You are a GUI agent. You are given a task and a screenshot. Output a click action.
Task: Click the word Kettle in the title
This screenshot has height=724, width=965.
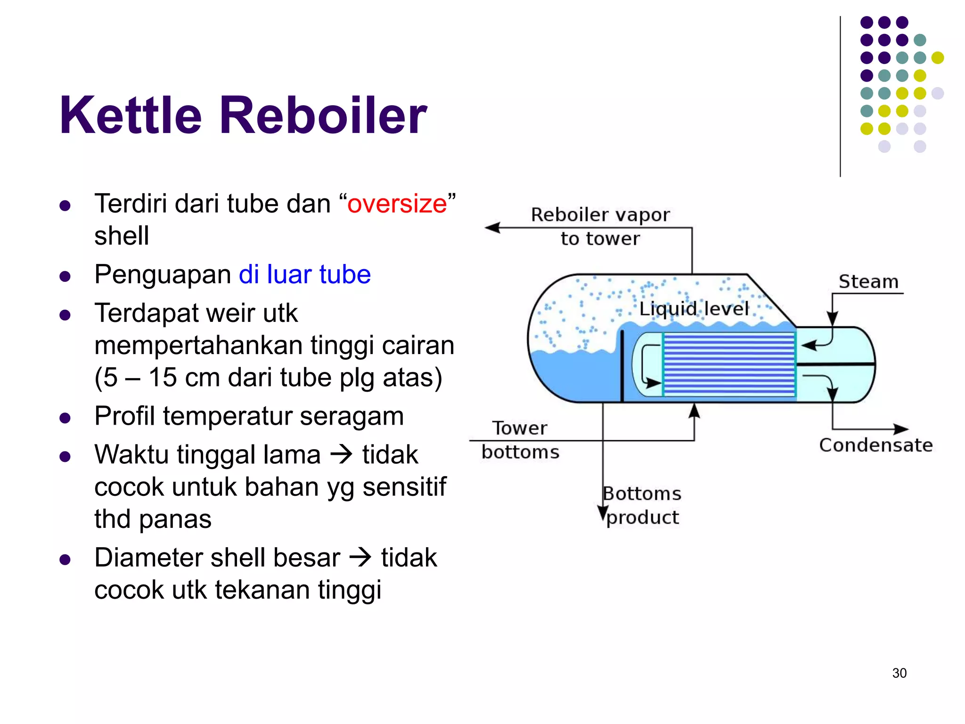click(131, 115)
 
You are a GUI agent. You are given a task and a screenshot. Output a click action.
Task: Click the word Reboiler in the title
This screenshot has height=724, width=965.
click(323, 115)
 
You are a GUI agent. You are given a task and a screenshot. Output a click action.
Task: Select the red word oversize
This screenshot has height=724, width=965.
click(397, 204)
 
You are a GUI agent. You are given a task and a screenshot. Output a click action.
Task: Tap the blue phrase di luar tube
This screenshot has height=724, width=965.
click(304, 274)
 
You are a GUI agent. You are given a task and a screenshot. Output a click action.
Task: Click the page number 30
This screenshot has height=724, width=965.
click(899, 673)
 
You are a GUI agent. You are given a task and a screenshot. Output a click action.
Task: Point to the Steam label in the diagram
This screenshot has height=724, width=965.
click(868, 282)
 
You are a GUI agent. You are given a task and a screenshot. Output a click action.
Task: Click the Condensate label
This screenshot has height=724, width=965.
click(875, 445)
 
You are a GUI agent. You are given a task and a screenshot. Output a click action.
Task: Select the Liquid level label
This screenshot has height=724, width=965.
click(693, 309)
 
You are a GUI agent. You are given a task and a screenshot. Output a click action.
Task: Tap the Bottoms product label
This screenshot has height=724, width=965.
click(642, 505)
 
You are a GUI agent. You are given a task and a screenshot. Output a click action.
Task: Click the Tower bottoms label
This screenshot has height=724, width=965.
click(520, 440)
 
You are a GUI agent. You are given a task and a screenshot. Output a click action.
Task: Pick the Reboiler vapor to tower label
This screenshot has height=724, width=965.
click(600, 226)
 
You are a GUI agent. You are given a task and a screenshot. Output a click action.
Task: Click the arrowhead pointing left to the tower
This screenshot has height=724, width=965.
click(492, 228)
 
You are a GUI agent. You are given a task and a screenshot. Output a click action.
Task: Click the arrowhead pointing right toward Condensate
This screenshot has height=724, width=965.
click(901, 429)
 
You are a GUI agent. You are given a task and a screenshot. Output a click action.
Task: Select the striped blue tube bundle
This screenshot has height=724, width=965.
click(729, 364)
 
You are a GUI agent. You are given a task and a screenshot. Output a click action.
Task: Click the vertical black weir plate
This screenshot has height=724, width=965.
click(622, 365)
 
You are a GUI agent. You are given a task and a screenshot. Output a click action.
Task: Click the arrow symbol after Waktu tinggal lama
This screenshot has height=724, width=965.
click(342, 454)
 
